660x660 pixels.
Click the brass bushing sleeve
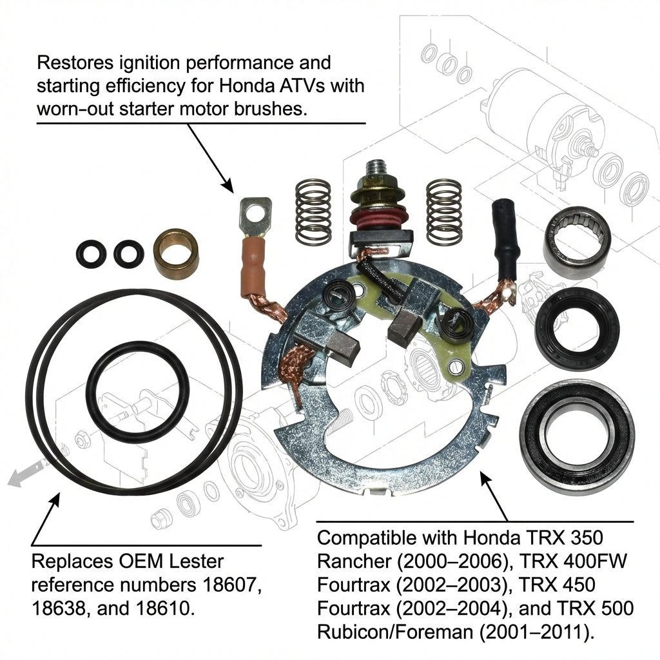176,254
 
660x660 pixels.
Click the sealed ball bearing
577,436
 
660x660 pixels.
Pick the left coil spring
313,211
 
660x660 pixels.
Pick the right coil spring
443,213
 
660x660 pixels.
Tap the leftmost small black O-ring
92,255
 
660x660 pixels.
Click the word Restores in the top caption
75,63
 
